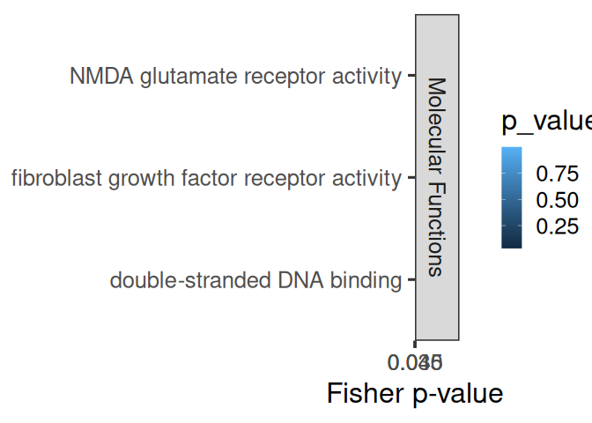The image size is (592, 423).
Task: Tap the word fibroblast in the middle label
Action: pyautogui.click(x=52, y=179)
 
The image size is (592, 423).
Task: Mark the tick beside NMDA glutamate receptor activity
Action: pyautogui.click(x=410, y=77)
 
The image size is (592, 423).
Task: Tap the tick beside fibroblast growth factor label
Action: pyautogui.click(x=410, y=179)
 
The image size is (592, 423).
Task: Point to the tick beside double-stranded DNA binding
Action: pyautogui.click(x=410, y=281)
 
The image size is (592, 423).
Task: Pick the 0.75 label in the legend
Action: pyautogui.click(x=557, y=172)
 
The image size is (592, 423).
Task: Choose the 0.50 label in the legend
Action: pyautogui.click(x=557, y=199)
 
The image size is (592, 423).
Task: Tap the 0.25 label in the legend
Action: pyautogui.click(x=557, y=226)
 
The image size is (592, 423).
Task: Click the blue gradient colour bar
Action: pyautogui.click(x=512, y=197)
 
